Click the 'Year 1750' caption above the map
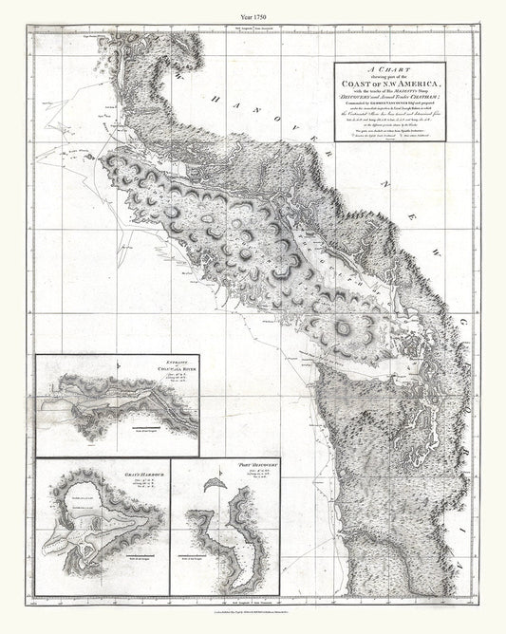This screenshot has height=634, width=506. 253,10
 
